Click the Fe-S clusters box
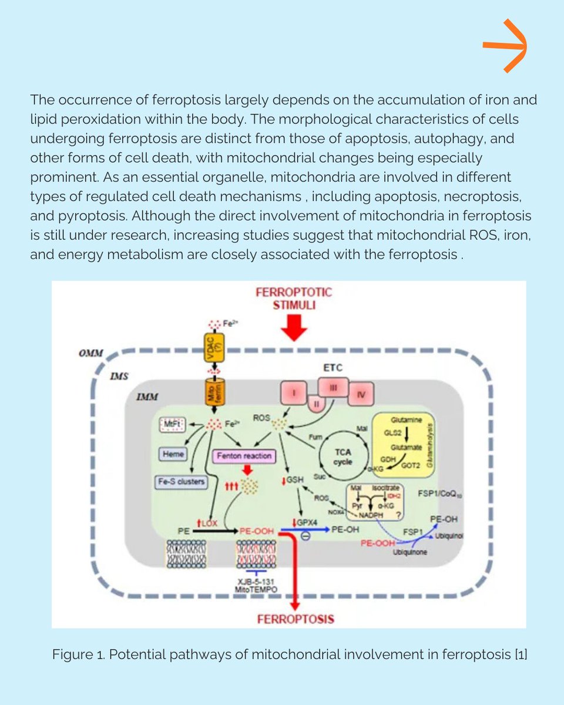182,482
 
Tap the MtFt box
173,425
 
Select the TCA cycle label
343,458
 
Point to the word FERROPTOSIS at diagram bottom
295,619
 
